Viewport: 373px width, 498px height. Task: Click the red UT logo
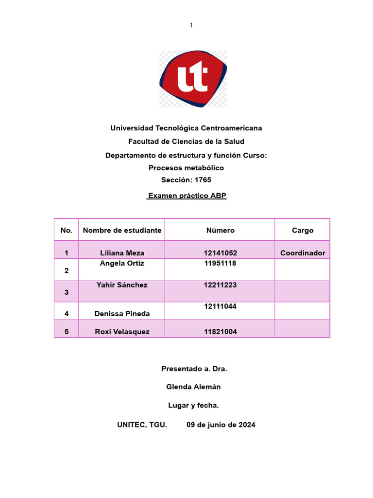click(x=193, y=78)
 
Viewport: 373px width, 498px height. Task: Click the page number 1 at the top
click(x=191, y=25)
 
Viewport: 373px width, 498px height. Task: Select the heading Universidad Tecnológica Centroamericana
click(x=186, y=128)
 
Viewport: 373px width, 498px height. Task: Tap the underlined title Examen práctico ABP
click(x=186, y=196)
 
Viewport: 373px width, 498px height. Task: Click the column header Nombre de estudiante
click(x=122, y=230)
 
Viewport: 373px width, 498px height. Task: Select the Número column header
click(x=220, y=230)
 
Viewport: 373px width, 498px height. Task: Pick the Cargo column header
click(x=303, y=230)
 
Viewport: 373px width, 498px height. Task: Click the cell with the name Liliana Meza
click(x=122, y=253)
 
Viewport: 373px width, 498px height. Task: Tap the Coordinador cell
click(x=303, y=253)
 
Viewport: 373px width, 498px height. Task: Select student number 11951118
click(x=220, y=263)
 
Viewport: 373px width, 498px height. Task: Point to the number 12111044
click(x=220, y=306)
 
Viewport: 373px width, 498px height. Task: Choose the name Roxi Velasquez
click(x=122, y=332)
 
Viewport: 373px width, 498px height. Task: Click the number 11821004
click(x=220, y=332)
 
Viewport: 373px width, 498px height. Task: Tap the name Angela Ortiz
click(x=122, y=263)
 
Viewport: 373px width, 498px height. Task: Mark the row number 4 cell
click(x=67, y=314)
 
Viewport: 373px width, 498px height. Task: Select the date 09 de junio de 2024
click(x=221, y=425)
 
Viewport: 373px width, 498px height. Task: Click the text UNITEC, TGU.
click(x=142, y=425)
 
